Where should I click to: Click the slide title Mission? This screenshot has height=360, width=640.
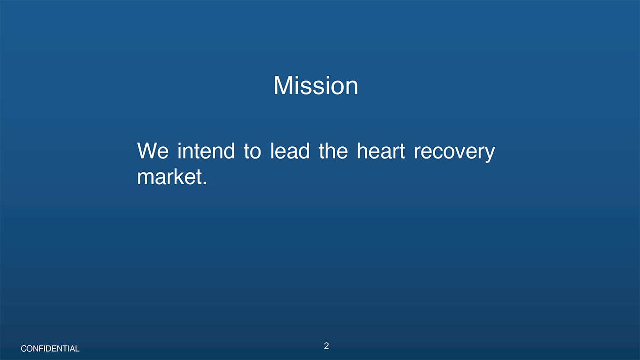(316, 85)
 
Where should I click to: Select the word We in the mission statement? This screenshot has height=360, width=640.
(153, 151)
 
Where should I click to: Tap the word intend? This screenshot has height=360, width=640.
(206, 151)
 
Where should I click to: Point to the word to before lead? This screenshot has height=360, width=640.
(252, 151)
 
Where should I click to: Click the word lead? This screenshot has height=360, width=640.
(289, 151)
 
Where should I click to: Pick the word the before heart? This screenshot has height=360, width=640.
(333, 151)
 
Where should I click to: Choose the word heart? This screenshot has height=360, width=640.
(381, 151)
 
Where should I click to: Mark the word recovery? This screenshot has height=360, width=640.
(454, 153)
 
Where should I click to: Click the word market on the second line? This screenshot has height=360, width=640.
(170, 177)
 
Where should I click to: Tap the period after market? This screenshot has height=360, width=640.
(205, 183)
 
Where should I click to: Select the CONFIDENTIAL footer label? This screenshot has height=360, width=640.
(50, 349)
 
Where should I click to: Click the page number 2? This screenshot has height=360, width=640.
(326, 346)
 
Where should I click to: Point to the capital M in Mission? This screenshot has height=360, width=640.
(283, 85)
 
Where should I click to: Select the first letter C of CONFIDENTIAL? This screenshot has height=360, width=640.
(24, 349)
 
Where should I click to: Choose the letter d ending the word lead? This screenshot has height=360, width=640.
(303, 151)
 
